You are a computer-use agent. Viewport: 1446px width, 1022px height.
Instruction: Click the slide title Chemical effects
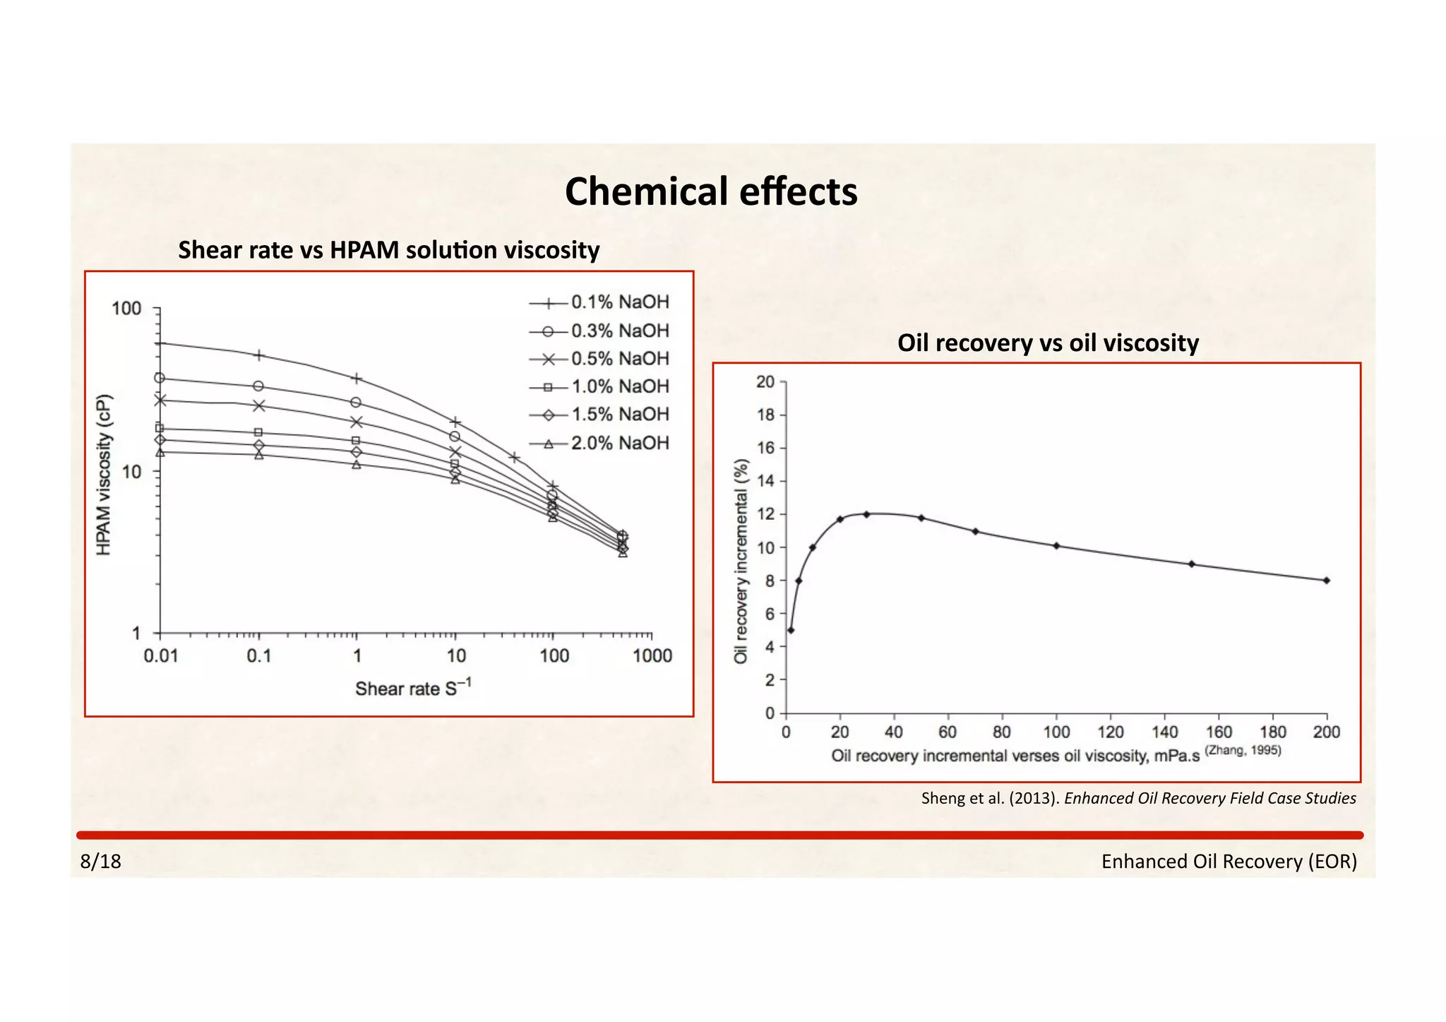click(711, 192)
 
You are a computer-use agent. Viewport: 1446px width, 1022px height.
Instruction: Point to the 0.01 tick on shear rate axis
click(161, 656)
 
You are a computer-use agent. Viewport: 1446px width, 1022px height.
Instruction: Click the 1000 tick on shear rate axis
click(652, 656)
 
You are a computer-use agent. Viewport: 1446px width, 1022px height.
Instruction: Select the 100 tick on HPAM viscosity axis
click(127, 309)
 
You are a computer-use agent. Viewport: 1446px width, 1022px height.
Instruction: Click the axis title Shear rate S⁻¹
click(413, 688)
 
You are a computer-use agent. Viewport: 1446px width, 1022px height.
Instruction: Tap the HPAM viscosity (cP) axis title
click(104, 474)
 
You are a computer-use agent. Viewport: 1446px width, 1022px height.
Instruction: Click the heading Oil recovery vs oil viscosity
click(1048, 343)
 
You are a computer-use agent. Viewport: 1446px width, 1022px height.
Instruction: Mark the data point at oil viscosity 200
click(1327, 581)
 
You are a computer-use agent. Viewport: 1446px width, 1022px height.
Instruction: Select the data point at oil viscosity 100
click(1056, 545)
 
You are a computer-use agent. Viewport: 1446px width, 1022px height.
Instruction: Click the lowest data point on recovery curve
click(791, 630)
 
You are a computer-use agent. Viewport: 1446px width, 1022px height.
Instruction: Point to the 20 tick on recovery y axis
click(765, 382)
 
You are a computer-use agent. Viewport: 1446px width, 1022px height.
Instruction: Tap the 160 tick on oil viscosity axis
click(1219, 732)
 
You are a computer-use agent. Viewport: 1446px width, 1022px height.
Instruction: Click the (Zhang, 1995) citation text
click(1243, 751)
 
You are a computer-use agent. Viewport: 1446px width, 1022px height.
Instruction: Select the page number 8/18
click(101, 862)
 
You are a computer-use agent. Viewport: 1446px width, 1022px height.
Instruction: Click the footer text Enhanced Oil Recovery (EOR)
click(1229, 862)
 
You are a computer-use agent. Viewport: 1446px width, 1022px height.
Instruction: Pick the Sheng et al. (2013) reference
click(1138, 798)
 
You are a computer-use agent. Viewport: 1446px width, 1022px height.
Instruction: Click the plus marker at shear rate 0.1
click(259, 355)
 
